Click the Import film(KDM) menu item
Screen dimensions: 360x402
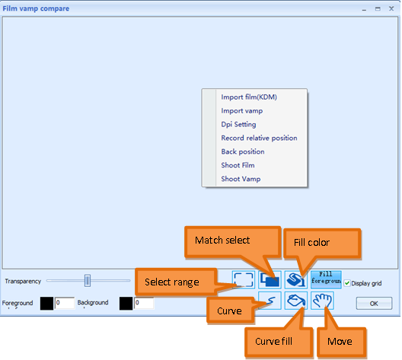[x=248, y=97]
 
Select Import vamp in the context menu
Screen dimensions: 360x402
[x=241, y=110]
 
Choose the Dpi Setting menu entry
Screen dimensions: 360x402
[x=238, y=124]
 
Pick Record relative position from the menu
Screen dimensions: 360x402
[x=259, y=138]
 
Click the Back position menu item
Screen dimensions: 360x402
[x=243, y=151]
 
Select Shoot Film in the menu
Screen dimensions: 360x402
[x=238, y=165]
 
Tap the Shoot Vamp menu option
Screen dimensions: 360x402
[x=240, y=179]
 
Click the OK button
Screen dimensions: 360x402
[x=373, y=303]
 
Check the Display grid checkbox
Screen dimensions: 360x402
[x=347, y=283]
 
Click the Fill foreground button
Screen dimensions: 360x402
[x=326, y=278]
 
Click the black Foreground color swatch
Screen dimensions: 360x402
[x=46, y=303]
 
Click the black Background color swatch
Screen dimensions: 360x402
[x=126, y=303]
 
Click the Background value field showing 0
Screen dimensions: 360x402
[x=144, y=303]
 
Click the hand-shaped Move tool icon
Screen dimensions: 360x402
[x=324, y=301]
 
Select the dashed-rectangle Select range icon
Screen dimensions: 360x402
[x=244, y=279]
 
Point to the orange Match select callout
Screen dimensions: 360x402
[x=222, y=241]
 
